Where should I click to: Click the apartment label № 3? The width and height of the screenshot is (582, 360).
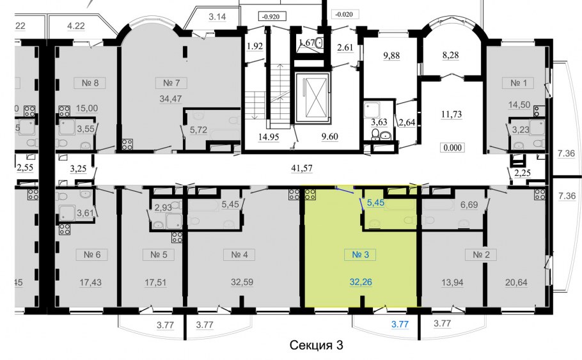361,254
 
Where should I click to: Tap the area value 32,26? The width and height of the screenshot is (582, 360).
361,282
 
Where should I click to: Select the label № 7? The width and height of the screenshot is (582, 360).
171,82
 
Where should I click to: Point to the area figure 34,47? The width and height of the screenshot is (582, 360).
171,99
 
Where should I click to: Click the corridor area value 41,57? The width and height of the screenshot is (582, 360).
301,168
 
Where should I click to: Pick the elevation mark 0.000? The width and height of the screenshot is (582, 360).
452,148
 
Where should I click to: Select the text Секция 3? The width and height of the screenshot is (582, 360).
316,345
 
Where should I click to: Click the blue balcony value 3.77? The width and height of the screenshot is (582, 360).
400,324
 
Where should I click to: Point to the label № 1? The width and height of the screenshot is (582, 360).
519,82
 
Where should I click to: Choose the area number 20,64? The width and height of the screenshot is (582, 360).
516,283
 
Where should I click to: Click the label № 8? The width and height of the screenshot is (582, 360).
90,82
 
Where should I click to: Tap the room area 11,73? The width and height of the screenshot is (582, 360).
452,114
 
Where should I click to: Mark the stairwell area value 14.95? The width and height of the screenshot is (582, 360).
269,137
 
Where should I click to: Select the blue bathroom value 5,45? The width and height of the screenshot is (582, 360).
375,203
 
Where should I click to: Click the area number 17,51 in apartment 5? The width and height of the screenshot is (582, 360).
155,283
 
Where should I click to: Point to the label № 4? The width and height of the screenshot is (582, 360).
239,254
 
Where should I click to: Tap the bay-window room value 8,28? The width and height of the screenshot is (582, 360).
451,55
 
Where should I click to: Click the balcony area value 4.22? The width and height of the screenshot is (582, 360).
76,26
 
